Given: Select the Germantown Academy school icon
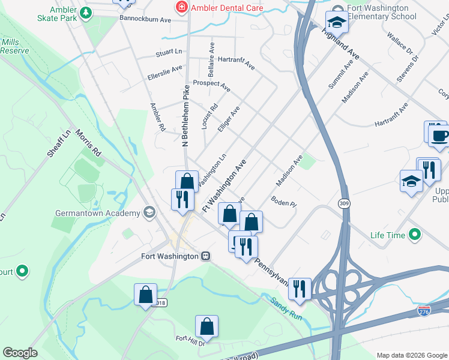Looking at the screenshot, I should point(148,212).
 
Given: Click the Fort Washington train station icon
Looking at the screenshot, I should point(206,256).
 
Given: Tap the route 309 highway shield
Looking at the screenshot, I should point(343,203).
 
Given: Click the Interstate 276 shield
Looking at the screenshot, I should point(424,311).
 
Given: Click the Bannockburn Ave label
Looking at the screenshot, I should point(145,20).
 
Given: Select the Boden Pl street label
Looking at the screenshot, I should point(284,202).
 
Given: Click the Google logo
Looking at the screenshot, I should point(20,353).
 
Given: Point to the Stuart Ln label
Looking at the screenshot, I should point(169,53).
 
